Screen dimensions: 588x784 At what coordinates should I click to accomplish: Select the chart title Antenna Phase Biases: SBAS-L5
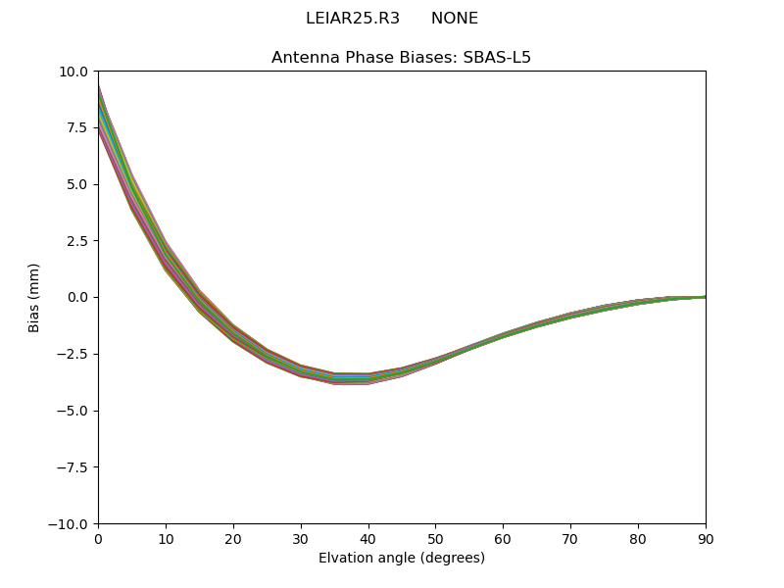[x=401, y=58]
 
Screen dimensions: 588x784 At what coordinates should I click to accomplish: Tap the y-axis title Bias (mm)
[x=34, y=297]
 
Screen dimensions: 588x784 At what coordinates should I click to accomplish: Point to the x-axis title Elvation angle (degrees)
[x=401, y=559]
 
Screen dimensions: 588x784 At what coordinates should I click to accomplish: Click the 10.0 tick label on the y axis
[x=74, y=72]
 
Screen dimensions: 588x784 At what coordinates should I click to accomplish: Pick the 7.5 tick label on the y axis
[x=78, y=128]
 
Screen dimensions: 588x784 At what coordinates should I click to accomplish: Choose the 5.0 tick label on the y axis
[x=78, y=184]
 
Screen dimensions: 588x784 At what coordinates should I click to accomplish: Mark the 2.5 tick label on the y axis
[x=78, y=241]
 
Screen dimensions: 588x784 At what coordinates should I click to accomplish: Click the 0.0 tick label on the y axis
[x=78, y=298]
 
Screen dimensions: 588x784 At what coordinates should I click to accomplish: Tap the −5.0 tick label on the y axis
[x=73, y=411]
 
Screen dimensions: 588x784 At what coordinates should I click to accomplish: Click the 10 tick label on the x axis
[x=166, y=538]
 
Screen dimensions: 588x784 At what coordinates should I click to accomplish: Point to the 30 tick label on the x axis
[x=301, y=538]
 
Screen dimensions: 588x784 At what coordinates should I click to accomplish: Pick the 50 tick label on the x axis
[x=435, y=538]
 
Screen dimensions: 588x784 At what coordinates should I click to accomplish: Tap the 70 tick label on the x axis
[x=570, y=538]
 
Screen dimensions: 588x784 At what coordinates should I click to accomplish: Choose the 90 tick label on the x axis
[x=706, y=538]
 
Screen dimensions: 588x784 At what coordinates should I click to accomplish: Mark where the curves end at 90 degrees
[x=705, y=297]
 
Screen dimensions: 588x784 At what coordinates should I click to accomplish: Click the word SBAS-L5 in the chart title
[x=496, y=58]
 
